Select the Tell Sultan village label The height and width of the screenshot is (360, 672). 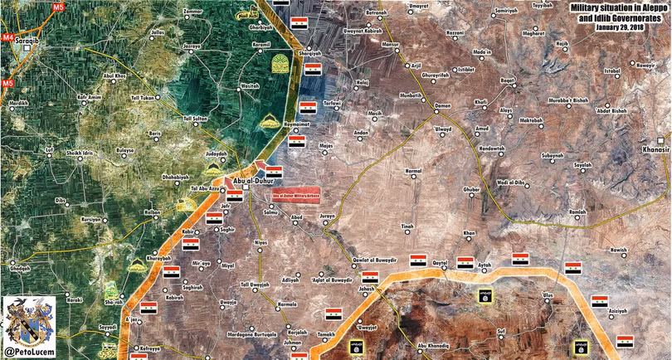pos(196,119)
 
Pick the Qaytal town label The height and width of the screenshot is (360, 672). pos(440,262)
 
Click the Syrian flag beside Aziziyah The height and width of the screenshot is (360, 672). pos(625,339)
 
